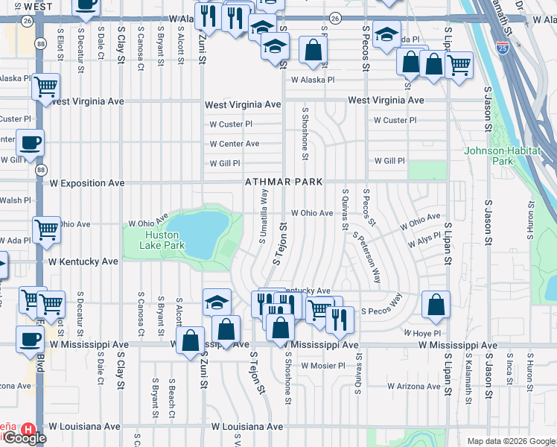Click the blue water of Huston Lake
(197, 232)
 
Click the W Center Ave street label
(234, 144)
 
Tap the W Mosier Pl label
(323, 366)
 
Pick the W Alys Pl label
(424, 244)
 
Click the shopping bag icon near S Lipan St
(436, 304)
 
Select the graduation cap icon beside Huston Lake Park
(217, 302)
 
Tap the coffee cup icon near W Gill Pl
(30, 142)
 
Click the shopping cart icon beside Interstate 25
(458, 64)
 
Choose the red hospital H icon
(28, 429)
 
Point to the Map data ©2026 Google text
(510, 441)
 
